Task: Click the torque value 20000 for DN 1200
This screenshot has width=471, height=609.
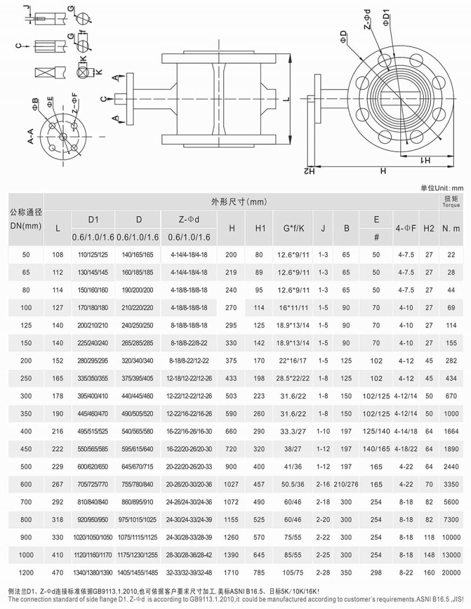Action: pyautogui.click(x=452, y=571)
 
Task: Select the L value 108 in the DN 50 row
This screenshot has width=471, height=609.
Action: pyautogui.click(x=58, y=255)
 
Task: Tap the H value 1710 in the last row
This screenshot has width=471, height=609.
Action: pyautogui.click(x=232, y=571)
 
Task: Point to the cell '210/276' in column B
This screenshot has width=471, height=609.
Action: pyautogui.click(x=346, y=484)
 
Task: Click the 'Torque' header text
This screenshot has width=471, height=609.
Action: pyautogui.click(x=452, y=207)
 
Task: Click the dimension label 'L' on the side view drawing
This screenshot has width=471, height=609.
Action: pyautogui.click(x=285, y=100)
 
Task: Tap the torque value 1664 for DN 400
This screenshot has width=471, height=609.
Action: pyautogui.click(x=452, y=432)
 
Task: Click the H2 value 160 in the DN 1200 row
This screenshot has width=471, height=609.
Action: pyautogui.click(x=429, y=571)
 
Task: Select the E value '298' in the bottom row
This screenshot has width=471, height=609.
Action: pyautogui.click(x=376, y=571)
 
